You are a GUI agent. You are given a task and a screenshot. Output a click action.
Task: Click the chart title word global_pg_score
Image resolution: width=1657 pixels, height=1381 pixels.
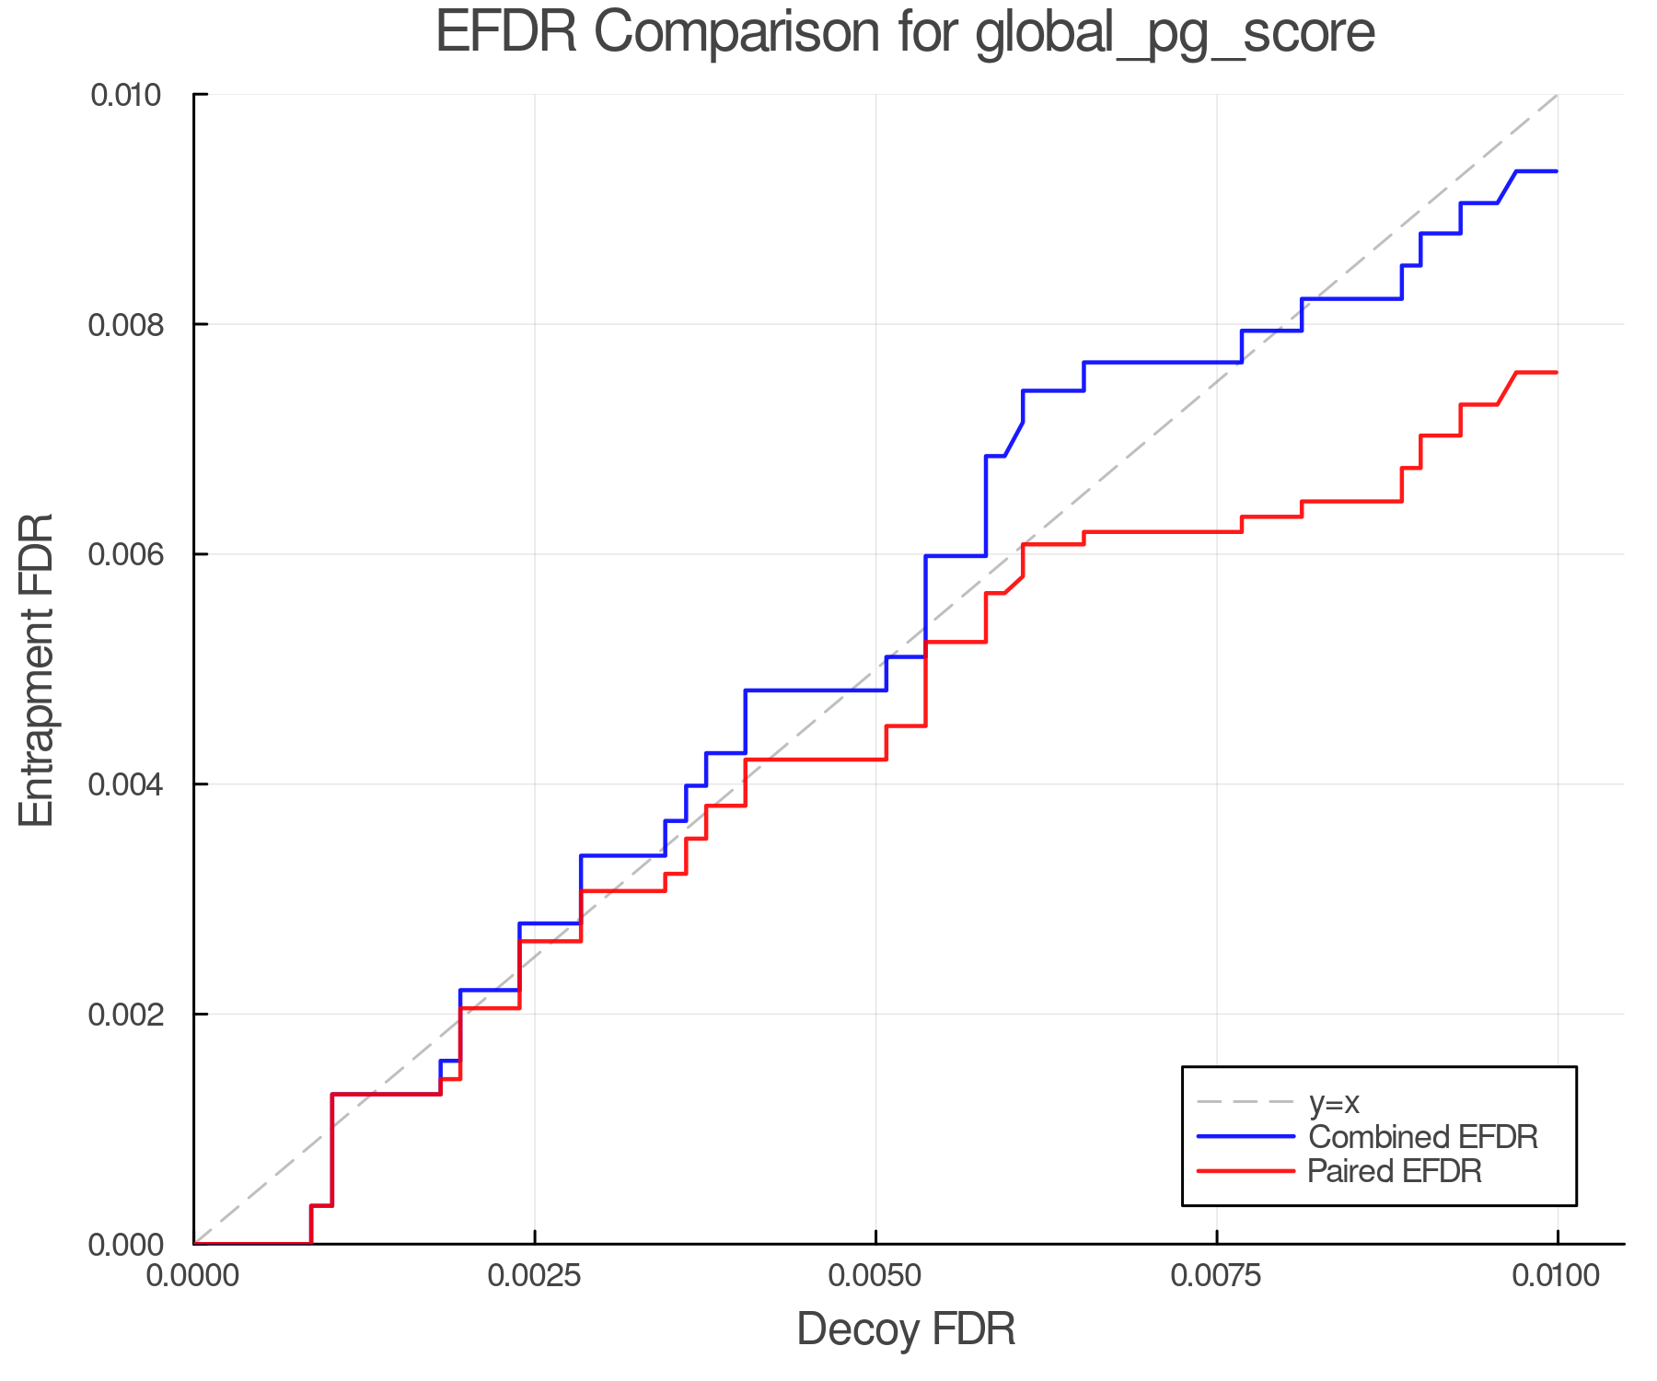point(1175,33)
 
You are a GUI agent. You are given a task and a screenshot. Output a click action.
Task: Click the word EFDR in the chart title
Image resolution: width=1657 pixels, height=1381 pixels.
point(505,33)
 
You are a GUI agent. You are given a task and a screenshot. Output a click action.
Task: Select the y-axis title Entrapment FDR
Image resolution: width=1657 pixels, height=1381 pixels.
point(38,669)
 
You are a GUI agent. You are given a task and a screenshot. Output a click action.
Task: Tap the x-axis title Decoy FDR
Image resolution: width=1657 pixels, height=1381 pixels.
point(906,1329)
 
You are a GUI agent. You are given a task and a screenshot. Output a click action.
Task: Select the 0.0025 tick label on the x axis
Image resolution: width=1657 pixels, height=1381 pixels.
point(534,1276)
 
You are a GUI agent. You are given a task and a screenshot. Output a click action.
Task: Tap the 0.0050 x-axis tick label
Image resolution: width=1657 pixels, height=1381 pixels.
point(875,1276)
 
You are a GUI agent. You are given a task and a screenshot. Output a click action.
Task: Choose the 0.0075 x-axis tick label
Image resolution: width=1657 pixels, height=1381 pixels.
point(1216,1276)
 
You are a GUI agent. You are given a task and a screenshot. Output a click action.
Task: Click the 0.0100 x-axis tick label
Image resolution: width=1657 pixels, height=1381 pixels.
point(1557,1276)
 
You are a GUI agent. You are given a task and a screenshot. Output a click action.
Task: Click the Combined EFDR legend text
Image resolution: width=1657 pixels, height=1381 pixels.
point(1423,1137)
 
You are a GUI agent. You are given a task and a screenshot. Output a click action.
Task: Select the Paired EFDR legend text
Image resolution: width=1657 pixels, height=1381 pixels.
point(1395,1171)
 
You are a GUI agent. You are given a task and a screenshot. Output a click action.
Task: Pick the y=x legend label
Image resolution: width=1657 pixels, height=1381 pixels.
point(1334,1102)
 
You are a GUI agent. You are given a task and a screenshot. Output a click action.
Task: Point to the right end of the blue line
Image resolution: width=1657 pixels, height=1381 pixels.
point(1556,171)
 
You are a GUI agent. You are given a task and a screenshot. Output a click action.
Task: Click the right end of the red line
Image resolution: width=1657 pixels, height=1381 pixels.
point(1556,373)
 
